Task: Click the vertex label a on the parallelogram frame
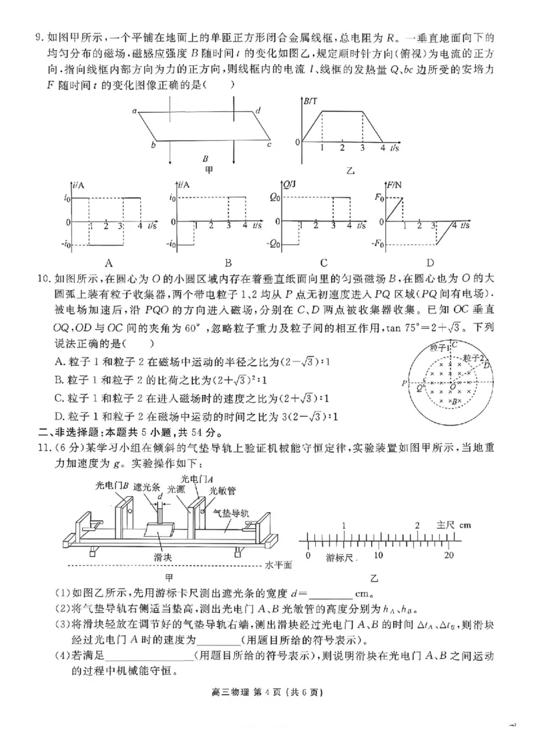click(x=135, y=111)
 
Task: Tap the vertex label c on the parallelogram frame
click(x=269, y=144)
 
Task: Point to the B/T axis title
click(x=311, y=101)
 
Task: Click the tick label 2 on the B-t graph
click(x=342, y=147)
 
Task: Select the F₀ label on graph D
click(x=378, y=198)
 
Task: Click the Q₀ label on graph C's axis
click(x=274, y=198)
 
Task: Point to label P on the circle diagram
click(x=404, y=384)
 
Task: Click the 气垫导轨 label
click(x=230, y=514)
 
